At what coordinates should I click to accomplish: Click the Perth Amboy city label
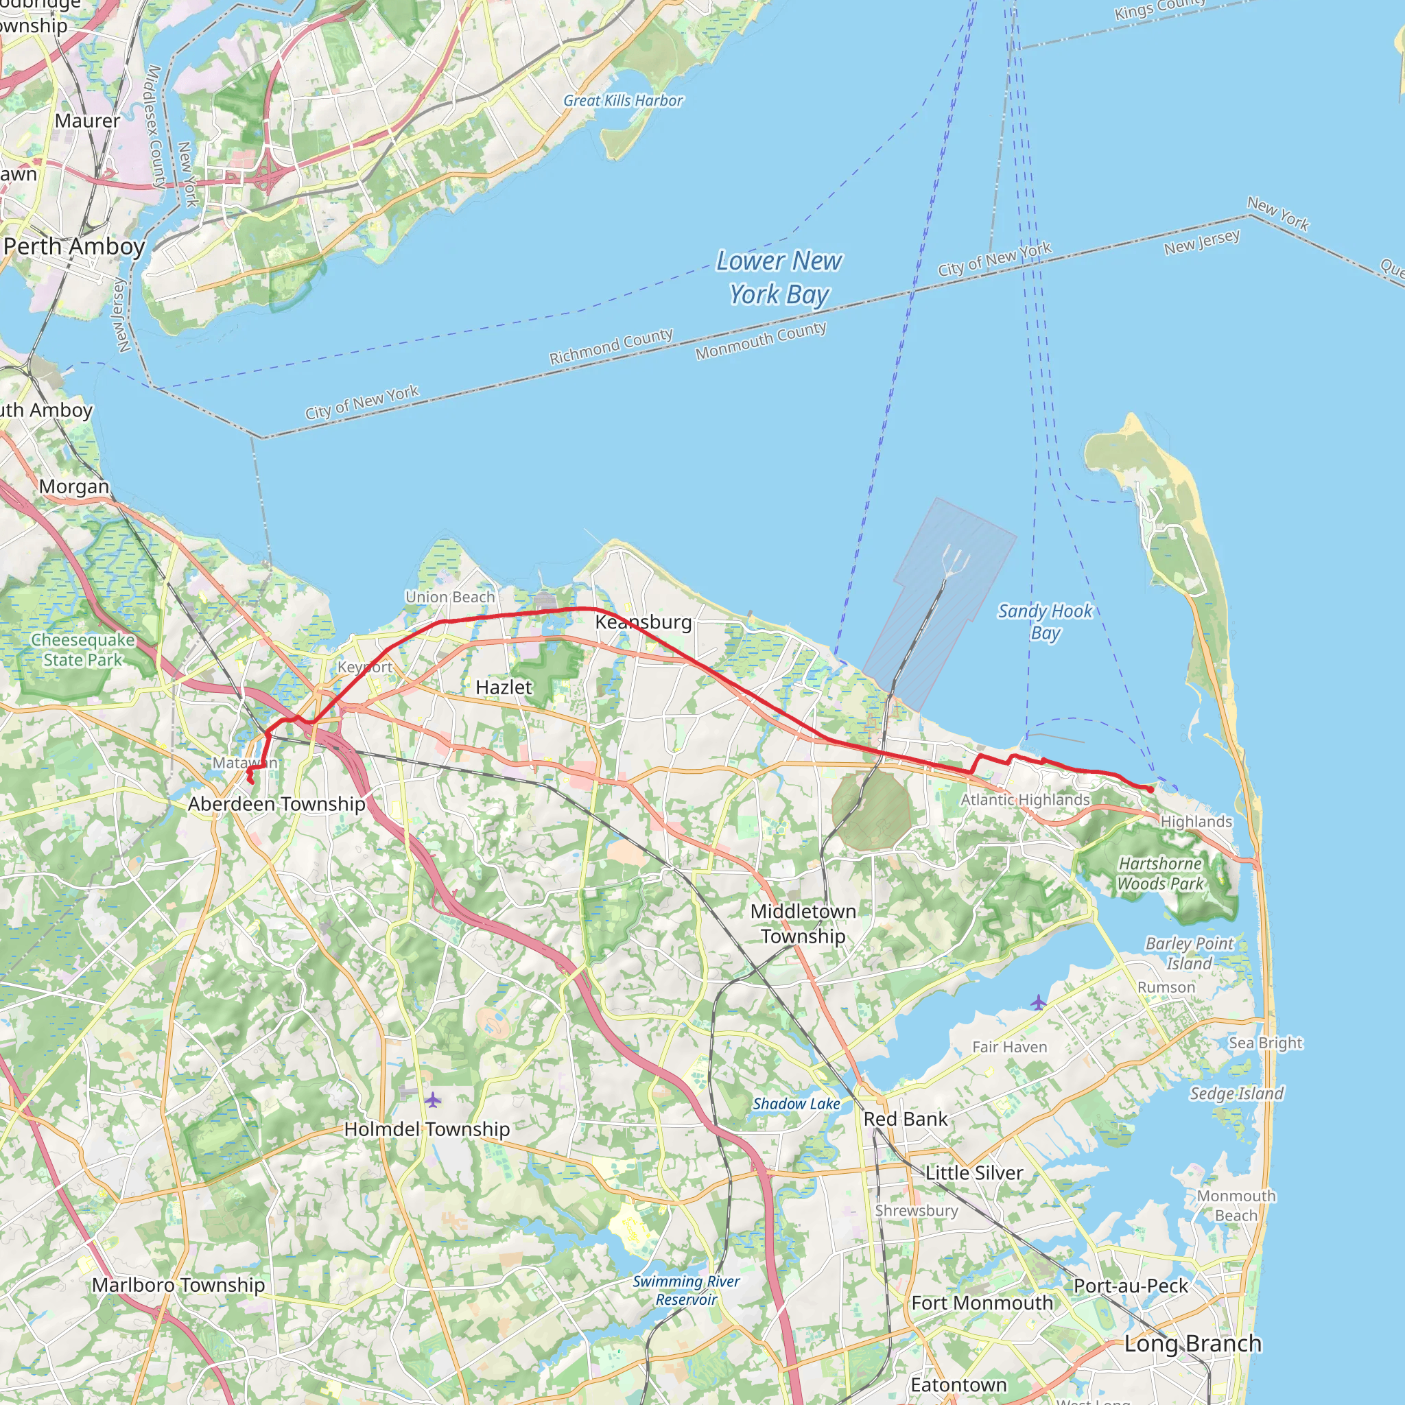[74, 246]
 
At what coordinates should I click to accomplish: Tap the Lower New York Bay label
[779, 277]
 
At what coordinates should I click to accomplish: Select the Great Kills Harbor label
[623, 100]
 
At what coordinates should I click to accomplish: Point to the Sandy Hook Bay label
[1044, 621]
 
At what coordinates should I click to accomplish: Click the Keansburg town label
[643, 622]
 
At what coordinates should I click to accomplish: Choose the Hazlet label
[504, 687]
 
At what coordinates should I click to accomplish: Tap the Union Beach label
[450, 597]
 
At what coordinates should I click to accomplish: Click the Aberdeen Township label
[276, 803]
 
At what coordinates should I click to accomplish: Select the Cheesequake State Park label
[83, 650]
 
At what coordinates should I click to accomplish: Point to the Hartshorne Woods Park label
[1160, 873]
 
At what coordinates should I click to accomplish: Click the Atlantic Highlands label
[1025, 800]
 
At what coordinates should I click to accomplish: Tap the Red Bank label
[906, 1119]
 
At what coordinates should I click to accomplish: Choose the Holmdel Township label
[427, 1129]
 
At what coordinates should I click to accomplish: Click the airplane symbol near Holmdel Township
[434, 1099]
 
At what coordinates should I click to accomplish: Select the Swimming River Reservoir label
[686, 1290]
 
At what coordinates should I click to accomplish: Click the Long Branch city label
[1192, 1343]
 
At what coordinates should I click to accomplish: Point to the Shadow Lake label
[796, 1104]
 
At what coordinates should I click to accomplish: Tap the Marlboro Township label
[178, 1285]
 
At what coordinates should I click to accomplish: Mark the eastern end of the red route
[1150, 790]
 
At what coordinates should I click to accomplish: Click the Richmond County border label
[611, 346]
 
